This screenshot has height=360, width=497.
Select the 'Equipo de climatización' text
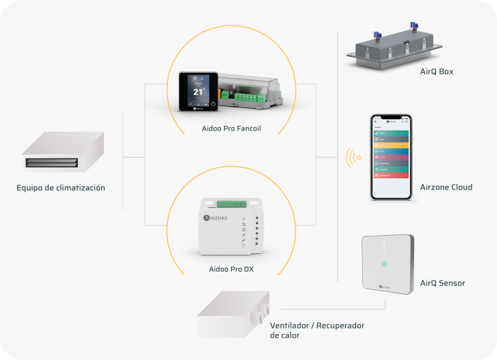(61, 187)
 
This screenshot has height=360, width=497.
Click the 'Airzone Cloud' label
(446, 187)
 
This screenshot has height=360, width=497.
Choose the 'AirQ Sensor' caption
(442, 283)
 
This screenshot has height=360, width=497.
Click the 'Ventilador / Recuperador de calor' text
(317, 330)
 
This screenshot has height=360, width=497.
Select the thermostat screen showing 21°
(197, 91)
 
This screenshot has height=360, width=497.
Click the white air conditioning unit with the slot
(62, 154)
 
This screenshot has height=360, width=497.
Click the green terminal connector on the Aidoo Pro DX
(231, 204)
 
